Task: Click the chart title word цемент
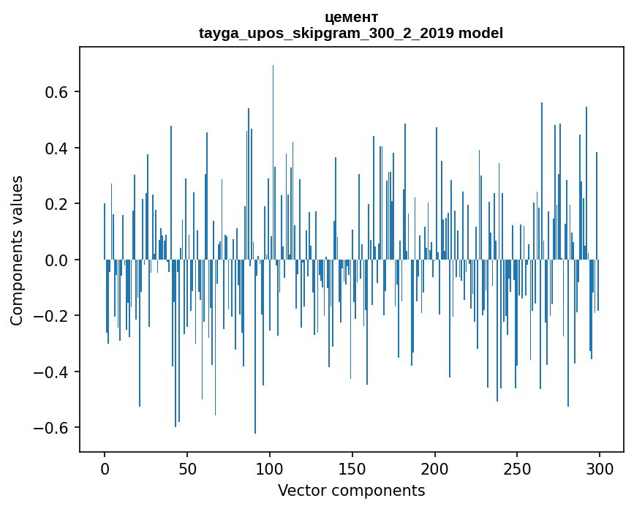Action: click(351, 17)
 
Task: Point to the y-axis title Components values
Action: click(17, 250)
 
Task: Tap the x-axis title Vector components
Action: click(351, 490)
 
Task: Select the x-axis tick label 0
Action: click(105, 467)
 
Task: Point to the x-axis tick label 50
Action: click(187, 467)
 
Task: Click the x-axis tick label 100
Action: click(270, 467)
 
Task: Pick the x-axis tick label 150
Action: click(352, 467)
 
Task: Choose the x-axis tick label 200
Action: click(435, 467)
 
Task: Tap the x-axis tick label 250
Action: click(517, 467)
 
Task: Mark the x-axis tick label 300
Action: click(600, 467)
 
